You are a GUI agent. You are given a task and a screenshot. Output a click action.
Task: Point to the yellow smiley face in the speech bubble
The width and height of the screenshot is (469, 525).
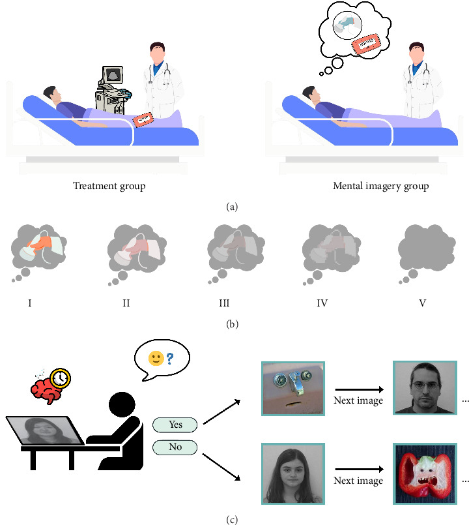coord(154,359)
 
